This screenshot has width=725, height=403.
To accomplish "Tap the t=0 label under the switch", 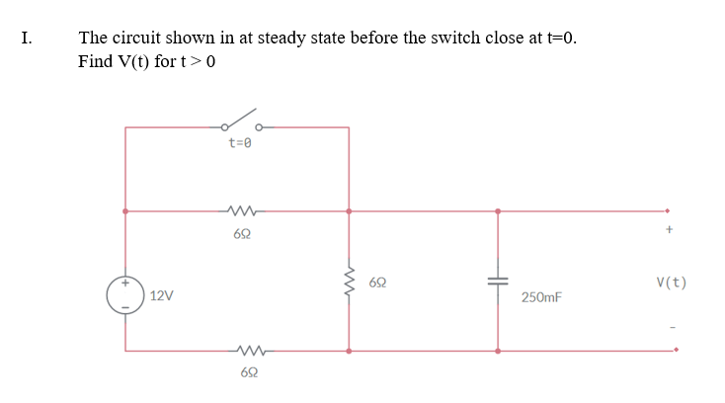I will point(241,143).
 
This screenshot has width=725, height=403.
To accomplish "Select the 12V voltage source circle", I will point(124,294).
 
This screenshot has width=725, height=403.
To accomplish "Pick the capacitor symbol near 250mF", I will point(497,281).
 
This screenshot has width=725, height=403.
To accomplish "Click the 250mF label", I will point(541,296).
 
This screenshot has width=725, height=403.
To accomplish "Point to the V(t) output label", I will point(671,283).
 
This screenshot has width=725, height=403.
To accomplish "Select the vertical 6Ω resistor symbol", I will point(348,282).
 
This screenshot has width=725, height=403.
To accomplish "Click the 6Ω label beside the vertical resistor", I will point(377,282).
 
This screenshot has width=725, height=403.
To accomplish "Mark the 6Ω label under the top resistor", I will point(242,234).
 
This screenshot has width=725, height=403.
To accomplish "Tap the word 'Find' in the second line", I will point(96,61).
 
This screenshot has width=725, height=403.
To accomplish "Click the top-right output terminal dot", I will point(668,209).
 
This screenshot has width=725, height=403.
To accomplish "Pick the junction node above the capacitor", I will point(497,210).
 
